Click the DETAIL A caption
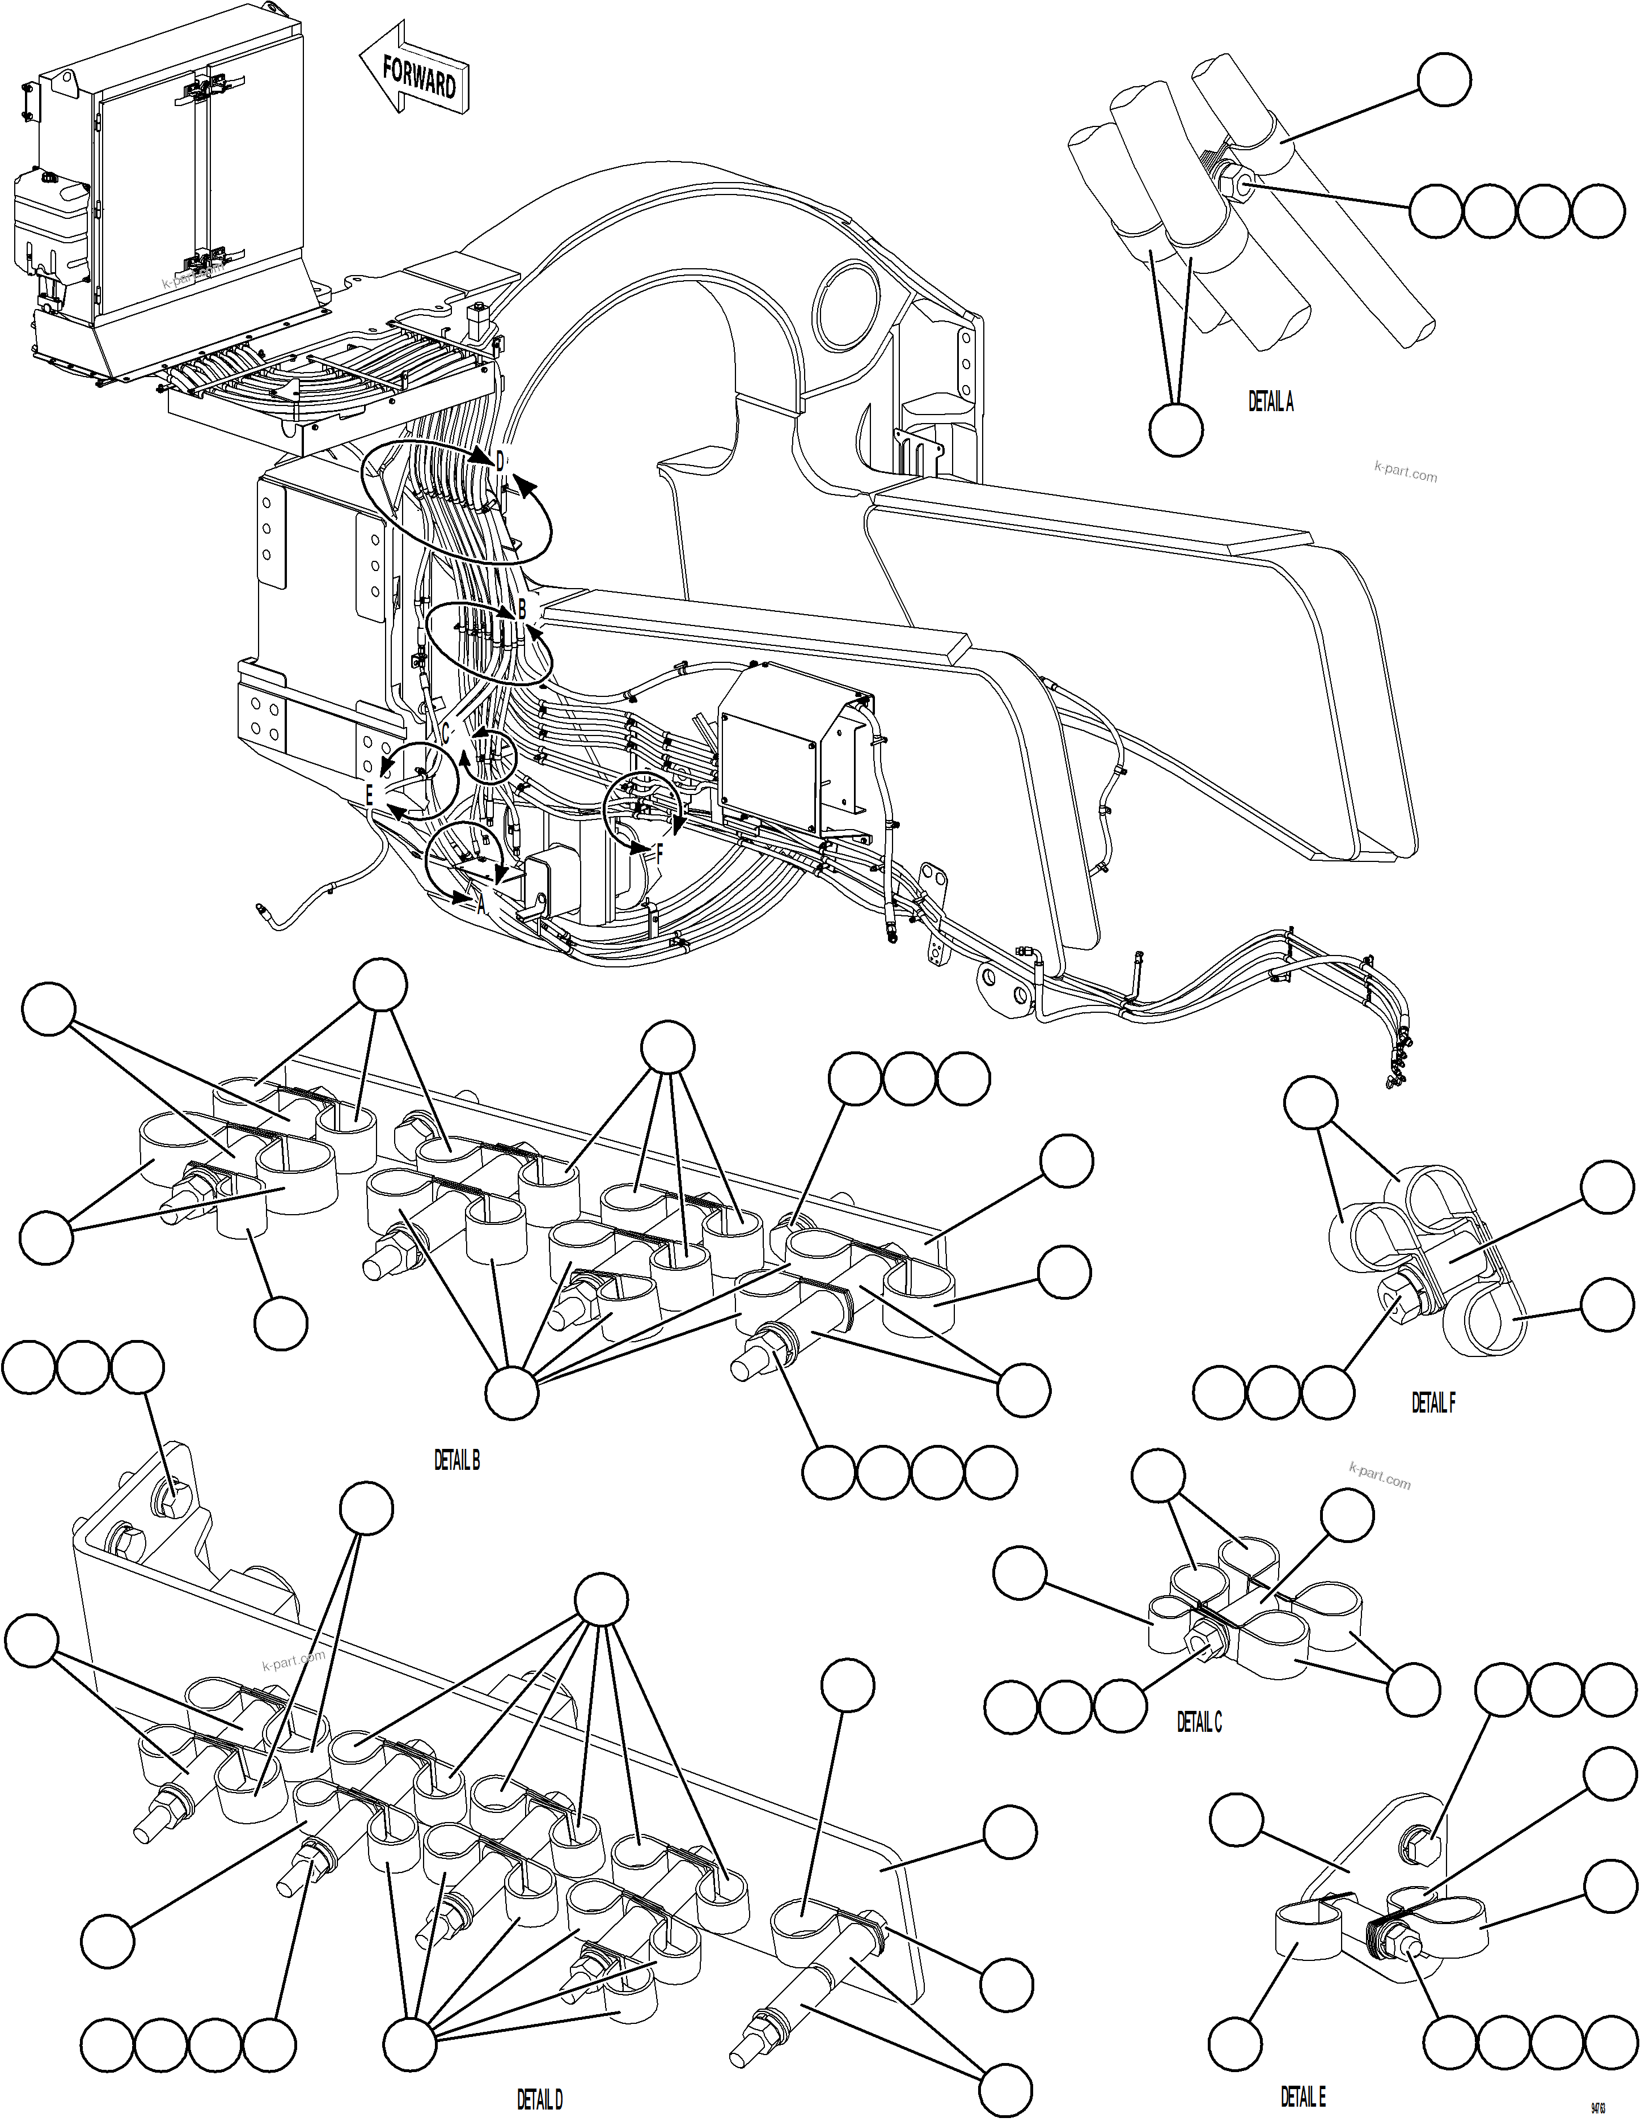pyautogui.click(x=1270, y=402)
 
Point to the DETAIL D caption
pyautogui.click(x=539, y=2100)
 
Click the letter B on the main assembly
pyautogui.click(x=522, y=609)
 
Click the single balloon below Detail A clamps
pyautogui.click(x=1175, y=428)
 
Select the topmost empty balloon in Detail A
pyautogui.click(x=1444, y=78)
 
